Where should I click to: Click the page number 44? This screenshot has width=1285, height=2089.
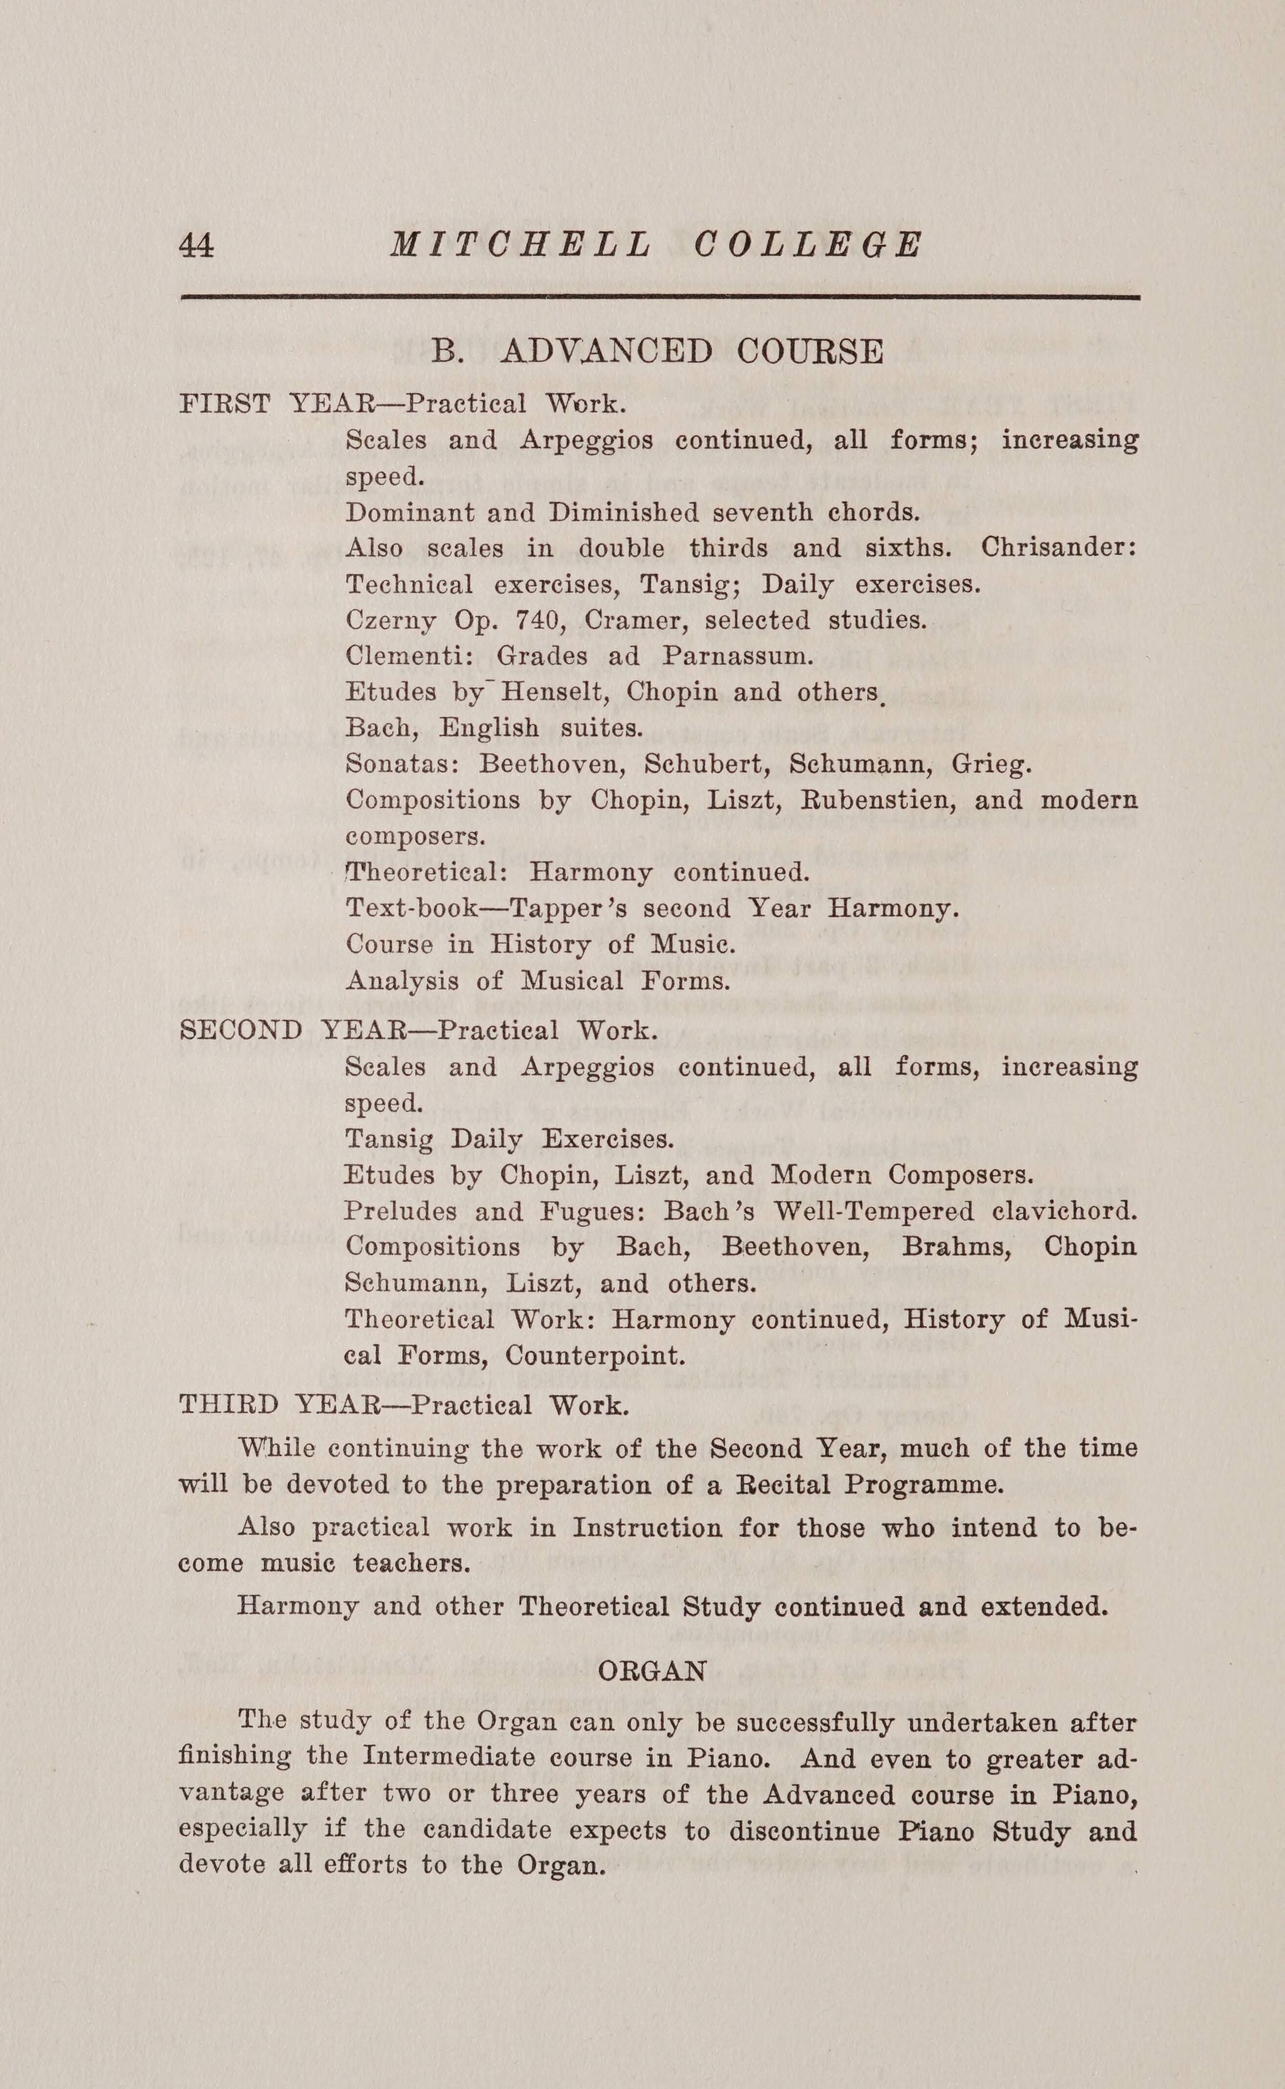[x=197, y=246]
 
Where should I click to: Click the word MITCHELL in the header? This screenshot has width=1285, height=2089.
[x=520, y=246]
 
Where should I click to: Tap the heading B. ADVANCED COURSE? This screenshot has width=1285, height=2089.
[x=657, y=351]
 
